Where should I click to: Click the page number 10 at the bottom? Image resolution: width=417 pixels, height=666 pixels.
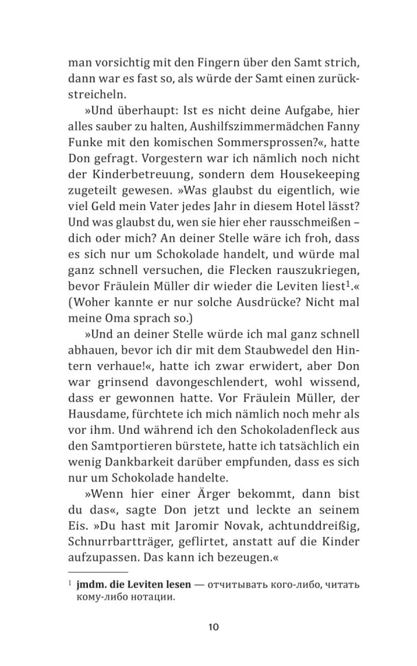212,626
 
